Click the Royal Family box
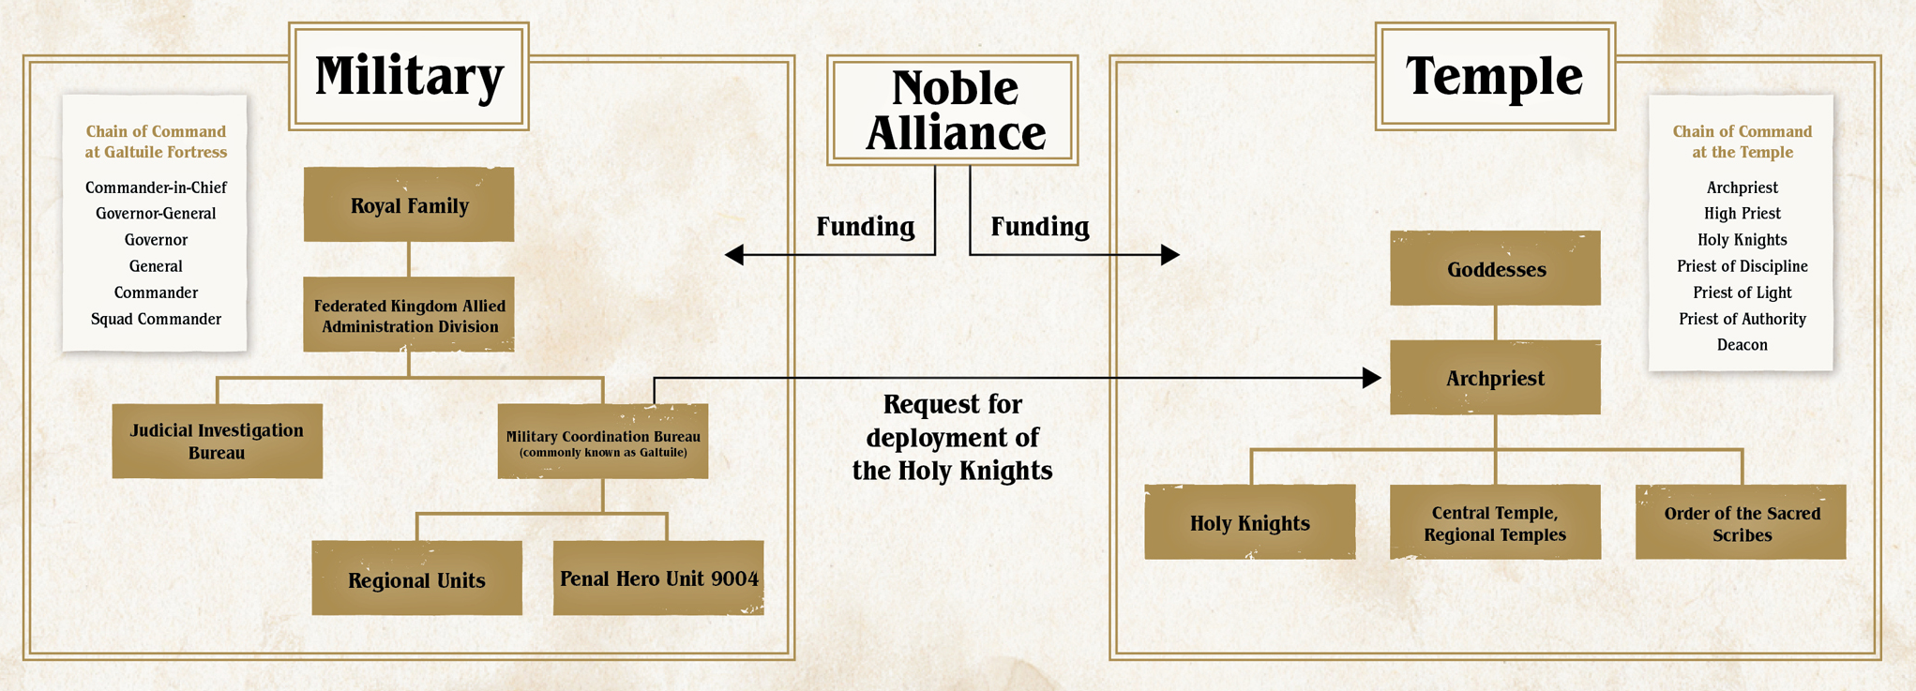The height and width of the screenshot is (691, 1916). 409,205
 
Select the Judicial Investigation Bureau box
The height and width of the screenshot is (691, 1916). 217,441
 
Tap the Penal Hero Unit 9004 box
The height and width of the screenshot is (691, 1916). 658,578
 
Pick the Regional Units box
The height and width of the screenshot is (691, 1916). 416,578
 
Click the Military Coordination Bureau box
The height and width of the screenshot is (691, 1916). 602,442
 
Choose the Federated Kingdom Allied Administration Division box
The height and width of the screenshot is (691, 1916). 409,315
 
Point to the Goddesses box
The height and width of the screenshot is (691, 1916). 1495,269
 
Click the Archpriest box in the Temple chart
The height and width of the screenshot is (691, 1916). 1495,378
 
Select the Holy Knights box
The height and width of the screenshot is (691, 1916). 1249,522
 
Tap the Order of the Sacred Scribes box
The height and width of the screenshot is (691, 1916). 1741,523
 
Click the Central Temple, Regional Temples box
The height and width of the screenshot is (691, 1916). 1495,522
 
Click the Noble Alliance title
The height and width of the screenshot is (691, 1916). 953,111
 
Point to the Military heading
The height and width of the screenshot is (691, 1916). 409,77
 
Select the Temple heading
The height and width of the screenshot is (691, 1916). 1495,77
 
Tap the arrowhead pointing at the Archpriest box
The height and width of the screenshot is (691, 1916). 1372,378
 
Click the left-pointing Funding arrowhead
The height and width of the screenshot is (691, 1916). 734,254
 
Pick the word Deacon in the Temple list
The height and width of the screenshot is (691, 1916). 1742,345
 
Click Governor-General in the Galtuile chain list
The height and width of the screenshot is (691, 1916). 156,214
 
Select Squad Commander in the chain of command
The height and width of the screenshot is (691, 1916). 156,319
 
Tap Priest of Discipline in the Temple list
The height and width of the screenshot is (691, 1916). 1742,266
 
